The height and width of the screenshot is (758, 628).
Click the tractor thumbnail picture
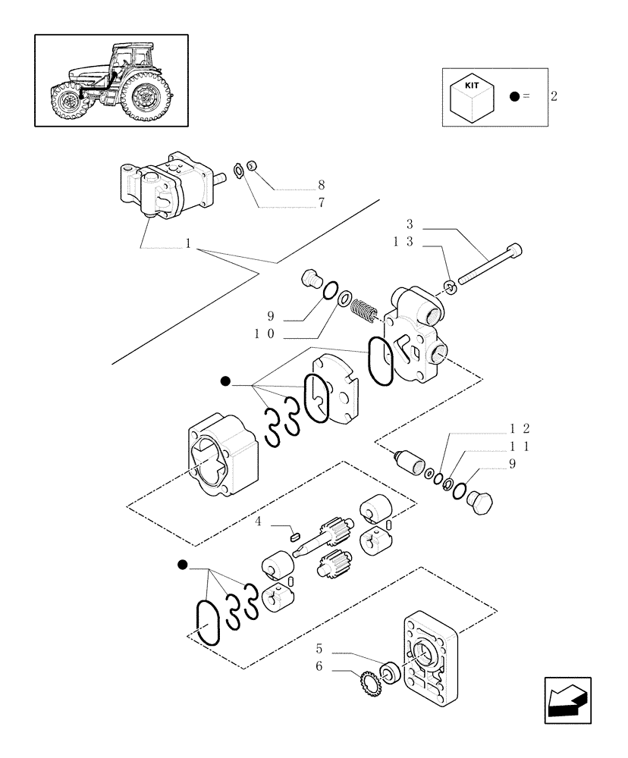pyautogui.click(x=111, y=80)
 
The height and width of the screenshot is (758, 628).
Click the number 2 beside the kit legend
pyautogui.click(x=554, y=96)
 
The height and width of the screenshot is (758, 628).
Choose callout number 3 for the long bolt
pyautogui.click(x=410, y=224)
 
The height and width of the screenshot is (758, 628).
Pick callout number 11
pyautogui.click(x=520, y=446)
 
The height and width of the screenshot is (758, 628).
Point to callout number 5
pyautogui.click(x=319, y=649)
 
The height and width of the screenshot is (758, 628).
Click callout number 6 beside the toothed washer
pyautogui.click(x=319, y=666)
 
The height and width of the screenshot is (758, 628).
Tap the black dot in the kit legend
pyautogui.click(x=515, y=96)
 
